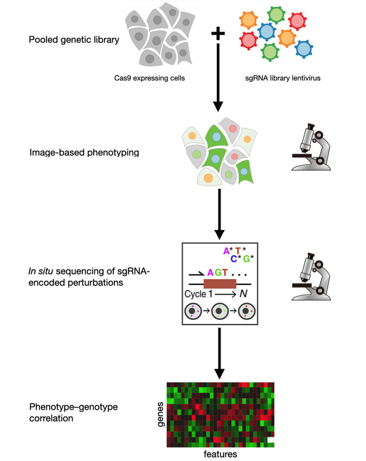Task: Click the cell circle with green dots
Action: click(x=220, y=313)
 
